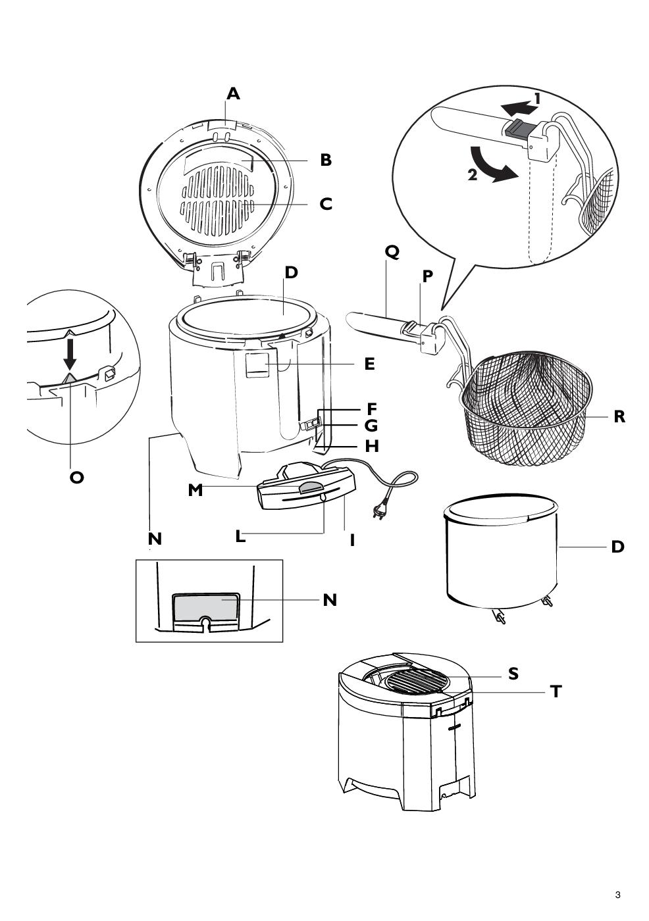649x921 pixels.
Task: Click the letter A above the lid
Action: [233, 94]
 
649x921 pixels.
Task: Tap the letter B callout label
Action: [326, 160]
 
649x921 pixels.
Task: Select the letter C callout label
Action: [326, 204]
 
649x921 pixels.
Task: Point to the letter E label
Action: [369, 364]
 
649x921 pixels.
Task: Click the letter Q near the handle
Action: [392, 252]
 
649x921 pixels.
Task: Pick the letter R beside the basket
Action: [619, 416]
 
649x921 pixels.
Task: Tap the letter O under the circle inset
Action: [77, 478]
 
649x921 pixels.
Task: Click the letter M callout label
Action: [195, 490]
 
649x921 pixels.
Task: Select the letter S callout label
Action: [513, 674]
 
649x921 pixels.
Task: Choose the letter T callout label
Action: [556, 692]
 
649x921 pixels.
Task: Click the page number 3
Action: [617, 895]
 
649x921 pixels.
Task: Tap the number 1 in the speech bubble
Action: [538, 99]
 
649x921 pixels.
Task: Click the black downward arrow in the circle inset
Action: [70, 355]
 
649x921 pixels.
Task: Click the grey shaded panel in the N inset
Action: [205, 606]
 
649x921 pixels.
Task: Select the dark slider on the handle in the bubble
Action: [519, 126]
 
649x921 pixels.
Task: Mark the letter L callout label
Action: [241, 536]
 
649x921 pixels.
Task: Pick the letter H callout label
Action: [372, 446]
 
